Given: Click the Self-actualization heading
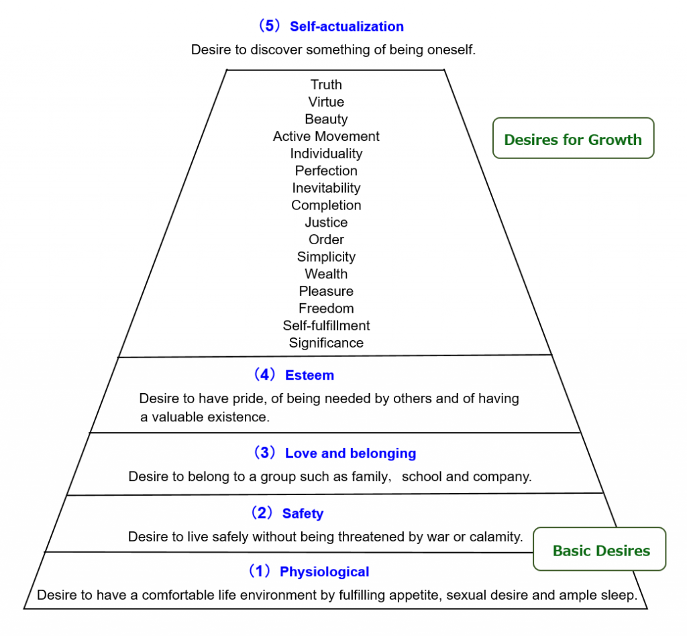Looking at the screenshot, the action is (x=347, y=26).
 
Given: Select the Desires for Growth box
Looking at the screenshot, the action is (x=573, y=138).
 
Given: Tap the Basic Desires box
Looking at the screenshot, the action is (x=599, y=549).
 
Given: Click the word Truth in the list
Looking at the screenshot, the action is (x=326, y=85).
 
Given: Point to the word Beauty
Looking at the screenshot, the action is (x=326, y=119).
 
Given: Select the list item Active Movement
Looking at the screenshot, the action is (x=326, y=136).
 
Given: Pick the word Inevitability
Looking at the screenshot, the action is (x=326, y=188).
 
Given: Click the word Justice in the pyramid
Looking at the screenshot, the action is (x=326, y=223).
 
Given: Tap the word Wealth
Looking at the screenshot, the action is (x=326, y=274).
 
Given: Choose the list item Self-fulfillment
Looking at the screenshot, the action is (x=326, y=325).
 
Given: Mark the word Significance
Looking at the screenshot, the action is (x=326, y=343).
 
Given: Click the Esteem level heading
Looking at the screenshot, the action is (x=309, y=376).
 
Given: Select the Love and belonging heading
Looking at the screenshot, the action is (x=350, y=454).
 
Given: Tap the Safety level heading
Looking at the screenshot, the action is (x=303, y=513).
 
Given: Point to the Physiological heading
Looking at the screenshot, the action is (x=324, y=572).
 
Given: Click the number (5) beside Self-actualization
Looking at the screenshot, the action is (x=268, y=26).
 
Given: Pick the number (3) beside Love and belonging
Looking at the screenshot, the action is (x=264, y=452).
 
